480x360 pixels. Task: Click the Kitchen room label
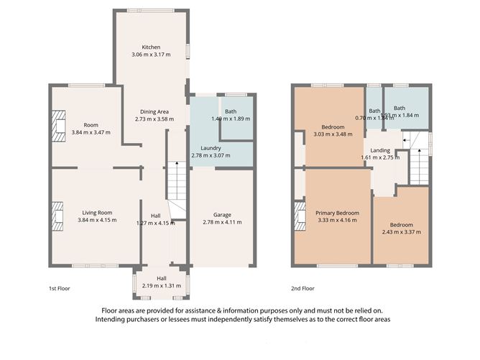151,47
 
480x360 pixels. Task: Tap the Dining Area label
154,111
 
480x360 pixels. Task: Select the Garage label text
222,214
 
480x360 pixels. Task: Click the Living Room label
96,213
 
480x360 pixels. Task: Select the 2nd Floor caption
303,289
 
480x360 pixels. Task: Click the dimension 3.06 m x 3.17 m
151,55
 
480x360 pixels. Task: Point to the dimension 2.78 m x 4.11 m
222,222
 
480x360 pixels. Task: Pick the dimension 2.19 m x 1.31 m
162,287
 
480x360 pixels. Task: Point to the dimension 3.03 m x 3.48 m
335,134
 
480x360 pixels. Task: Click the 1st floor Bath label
231,111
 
